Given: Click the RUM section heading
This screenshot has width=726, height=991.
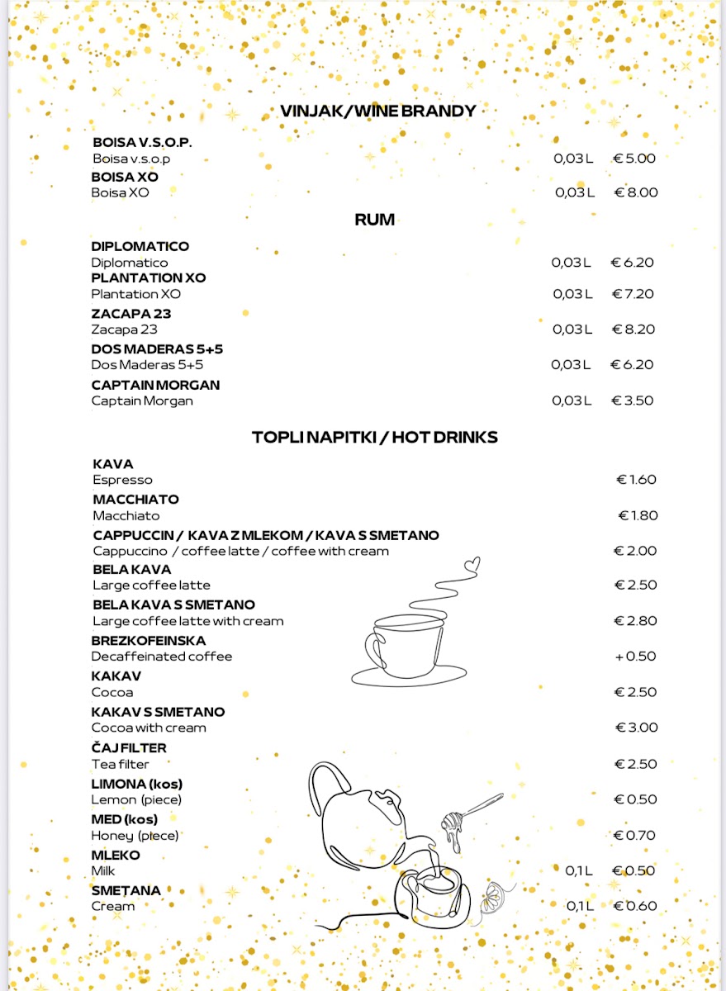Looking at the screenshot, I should pyautogui.click(x=374, y=220).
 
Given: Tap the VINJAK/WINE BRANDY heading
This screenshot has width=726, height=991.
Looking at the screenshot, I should pyautogui.click(x=377, y=111).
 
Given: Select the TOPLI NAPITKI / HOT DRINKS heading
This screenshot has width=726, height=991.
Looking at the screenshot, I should pyautogui.click(x=375, y=437).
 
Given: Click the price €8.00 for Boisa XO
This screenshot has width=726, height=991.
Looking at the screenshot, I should pyautogui.click(x=636, y=192).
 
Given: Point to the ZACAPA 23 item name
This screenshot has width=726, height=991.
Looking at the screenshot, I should pyautogui.click(x=131, y=314).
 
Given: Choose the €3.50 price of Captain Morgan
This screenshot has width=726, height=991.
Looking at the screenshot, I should pyautogui.click(x=633, y=401).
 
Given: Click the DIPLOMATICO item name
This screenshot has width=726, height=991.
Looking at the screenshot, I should pyautogui.click(x=140, y=246).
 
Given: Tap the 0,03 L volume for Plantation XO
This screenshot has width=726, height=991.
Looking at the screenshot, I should pyautogui.click(x=572, y=294).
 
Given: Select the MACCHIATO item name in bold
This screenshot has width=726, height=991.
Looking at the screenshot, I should pyautogui.click(x=135, y=500).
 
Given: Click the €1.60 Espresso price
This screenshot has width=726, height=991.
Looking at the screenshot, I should pyautogui.click(x=637, y=480).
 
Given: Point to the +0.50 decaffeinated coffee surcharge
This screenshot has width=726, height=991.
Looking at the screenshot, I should pyautogui.click(x=635, y=657).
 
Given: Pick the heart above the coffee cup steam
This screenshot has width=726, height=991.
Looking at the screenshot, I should pyautogui.click(x=472, y=565).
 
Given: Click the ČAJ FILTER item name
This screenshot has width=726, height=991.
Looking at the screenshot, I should pyautogui.click(x=129, y=748).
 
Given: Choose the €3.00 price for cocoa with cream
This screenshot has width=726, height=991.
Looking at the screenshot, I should pyautogui.click(x=637, y=728).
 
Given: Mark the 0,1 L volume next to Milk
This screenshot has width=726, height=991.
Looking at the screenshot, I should pyautogui.click(x=579, y=870).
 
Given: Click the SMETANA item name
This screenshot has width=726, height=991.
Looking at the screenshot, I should pyautogui.click(x=126, y=890).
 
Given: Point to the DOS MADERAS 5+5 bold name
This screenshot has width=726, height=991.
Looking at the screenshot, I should pyautogui.click(x=157, y=349).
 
